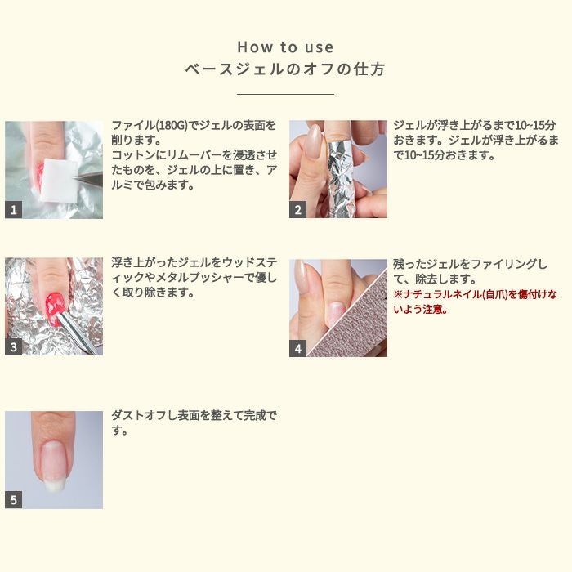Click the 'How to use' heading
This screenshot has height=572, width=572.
(285, 47)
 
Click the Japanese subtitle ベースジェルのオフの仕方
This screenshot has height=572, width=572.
(285, 69)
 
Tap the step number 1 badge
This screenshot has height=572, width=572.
(13, 210)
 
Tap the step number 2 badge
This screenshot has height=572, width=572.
(297, 210)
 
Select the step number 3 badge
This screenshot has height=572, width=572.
(13, 347)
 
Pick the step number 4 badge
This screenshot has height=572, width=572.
(297, 348)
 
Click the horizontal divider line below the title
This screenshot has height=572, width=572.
(285, 95)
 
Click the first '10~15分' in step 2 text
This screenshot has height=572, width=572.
(528, 126)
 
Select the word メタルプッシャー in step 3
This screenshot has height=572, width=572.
(195, 278)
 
